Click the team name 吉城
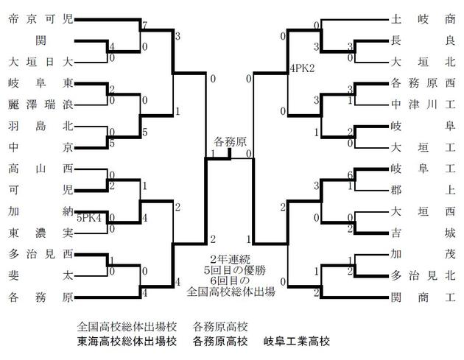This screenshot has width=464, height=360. (x=423, y=231)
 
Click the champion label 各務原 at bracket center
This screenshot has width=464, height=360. (x=231, y=140)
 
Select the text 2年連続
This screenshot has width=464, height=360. (x=231, y=259)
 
